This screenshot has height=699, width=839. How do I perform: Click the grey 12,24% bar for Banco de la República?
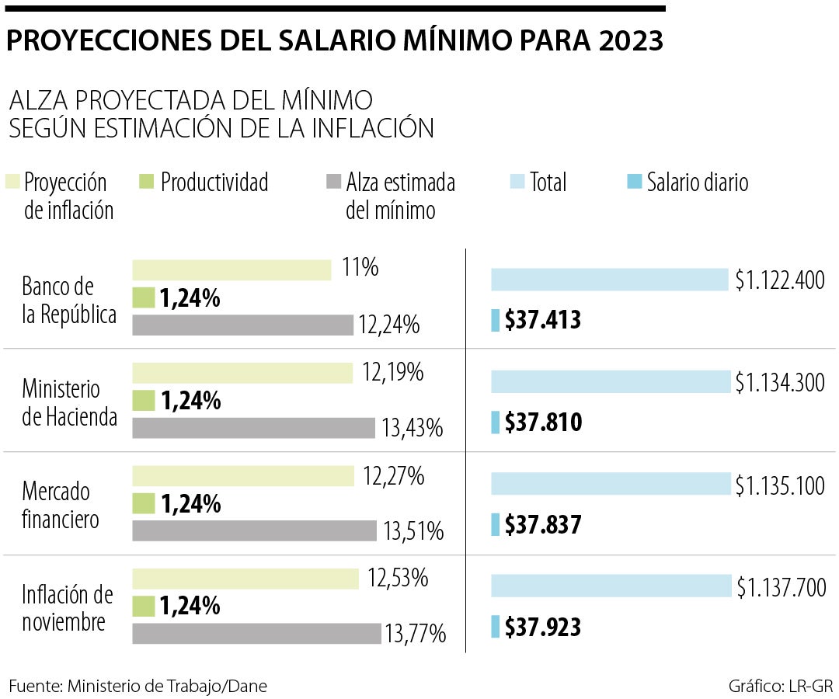pyautogui.click(x=242, y=325)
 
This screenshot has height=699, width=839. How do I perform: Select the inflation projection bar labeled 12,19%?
pyautogui.click(x=243, y=374)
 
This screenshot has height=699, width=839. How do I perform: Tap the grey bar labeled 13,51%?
pyautogui.click(x=254, y=530)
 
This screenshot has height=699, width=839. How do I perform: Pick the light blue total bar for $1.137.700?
pyautogui.click(x=611, y=586)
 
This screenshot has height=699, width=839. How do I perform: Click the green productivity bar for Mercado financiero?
pyautogui.click(x=144, y=504)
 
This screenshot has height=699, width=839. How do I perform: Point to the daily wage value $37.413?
pyautogui.click(x=543, y=320)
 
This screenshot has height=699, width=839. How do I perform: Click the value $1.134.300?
pyautogui.click(x=780, y=382)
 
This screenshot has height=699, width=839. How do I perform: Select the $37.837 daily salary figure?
pyautogui.click(x=543, y=526)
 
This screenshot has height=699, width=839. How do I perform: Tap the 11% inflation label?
pyautogui.click(x=360, y=268)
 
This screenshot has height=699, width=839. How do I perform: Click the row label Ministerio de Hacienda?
pyautogui.click(x=69, y=402)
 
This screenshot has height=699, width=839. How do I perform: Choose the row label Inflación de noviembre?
pyautogui.click(x=67, y=608)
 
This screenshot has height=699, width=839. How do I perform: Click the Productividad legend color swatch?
pyautogui.click(x=146, y=183)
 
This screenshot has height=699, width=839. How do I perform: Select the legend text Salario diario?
pyautogui.click(x=697, y=183)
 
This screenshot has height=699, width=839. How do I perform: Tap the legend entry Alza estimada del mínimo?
pyautogui.click(x=400, y=196)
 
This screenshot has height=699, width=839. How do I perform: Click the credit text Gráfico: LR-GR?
pyautogui.click(x=780, y=686)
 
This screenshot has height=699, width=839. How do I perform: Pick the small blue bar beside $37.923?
pyautogui.click(x=495, y=627)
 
